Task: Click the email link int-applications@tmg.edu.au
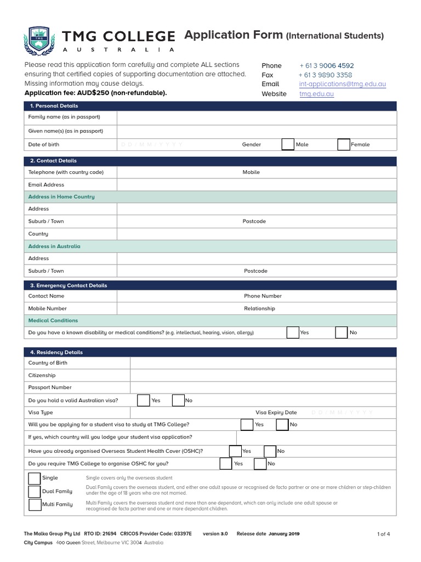[x=343, y=84]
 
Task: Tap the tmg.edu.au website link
[x=316, y=94]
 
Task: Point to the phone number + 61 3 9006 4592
[x=326, y=65]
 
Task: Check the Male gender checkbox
[x=288, y=144]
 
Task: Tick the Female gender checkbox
[x=344, y=144]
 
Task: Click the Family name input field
[x=256, y=117]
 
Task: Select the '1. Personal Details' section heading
[x=54, y=106]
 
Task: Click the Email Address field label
[x=46, y=185]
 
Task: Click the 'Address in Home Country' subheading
[x=61, y=196]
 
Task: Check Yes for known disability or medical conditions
[x=293, y=333]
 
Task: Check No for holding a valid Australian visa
[x=178, y=400]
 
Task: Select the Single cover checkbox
[x=34, y=478]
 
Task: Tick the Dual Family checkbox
[x=34, y=491]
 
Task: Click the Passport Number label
[x=50, y=387]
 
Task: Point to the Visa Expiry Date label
[x=276, y=413]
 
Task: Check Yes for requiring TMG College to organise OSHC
[x=225, y=464]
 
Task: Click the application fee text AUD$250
[x=95, y=93]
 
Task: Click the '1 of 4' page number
[x=384, y=534]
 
